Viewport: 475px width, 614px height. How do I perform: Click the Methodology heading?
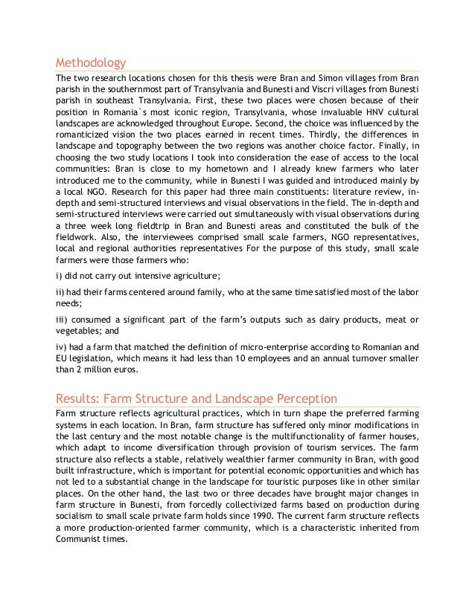pyautogui.click(x=91, y=62)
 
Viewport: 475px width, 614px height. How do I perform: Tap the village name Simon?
pyautogui.click(x=326, y=78)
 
